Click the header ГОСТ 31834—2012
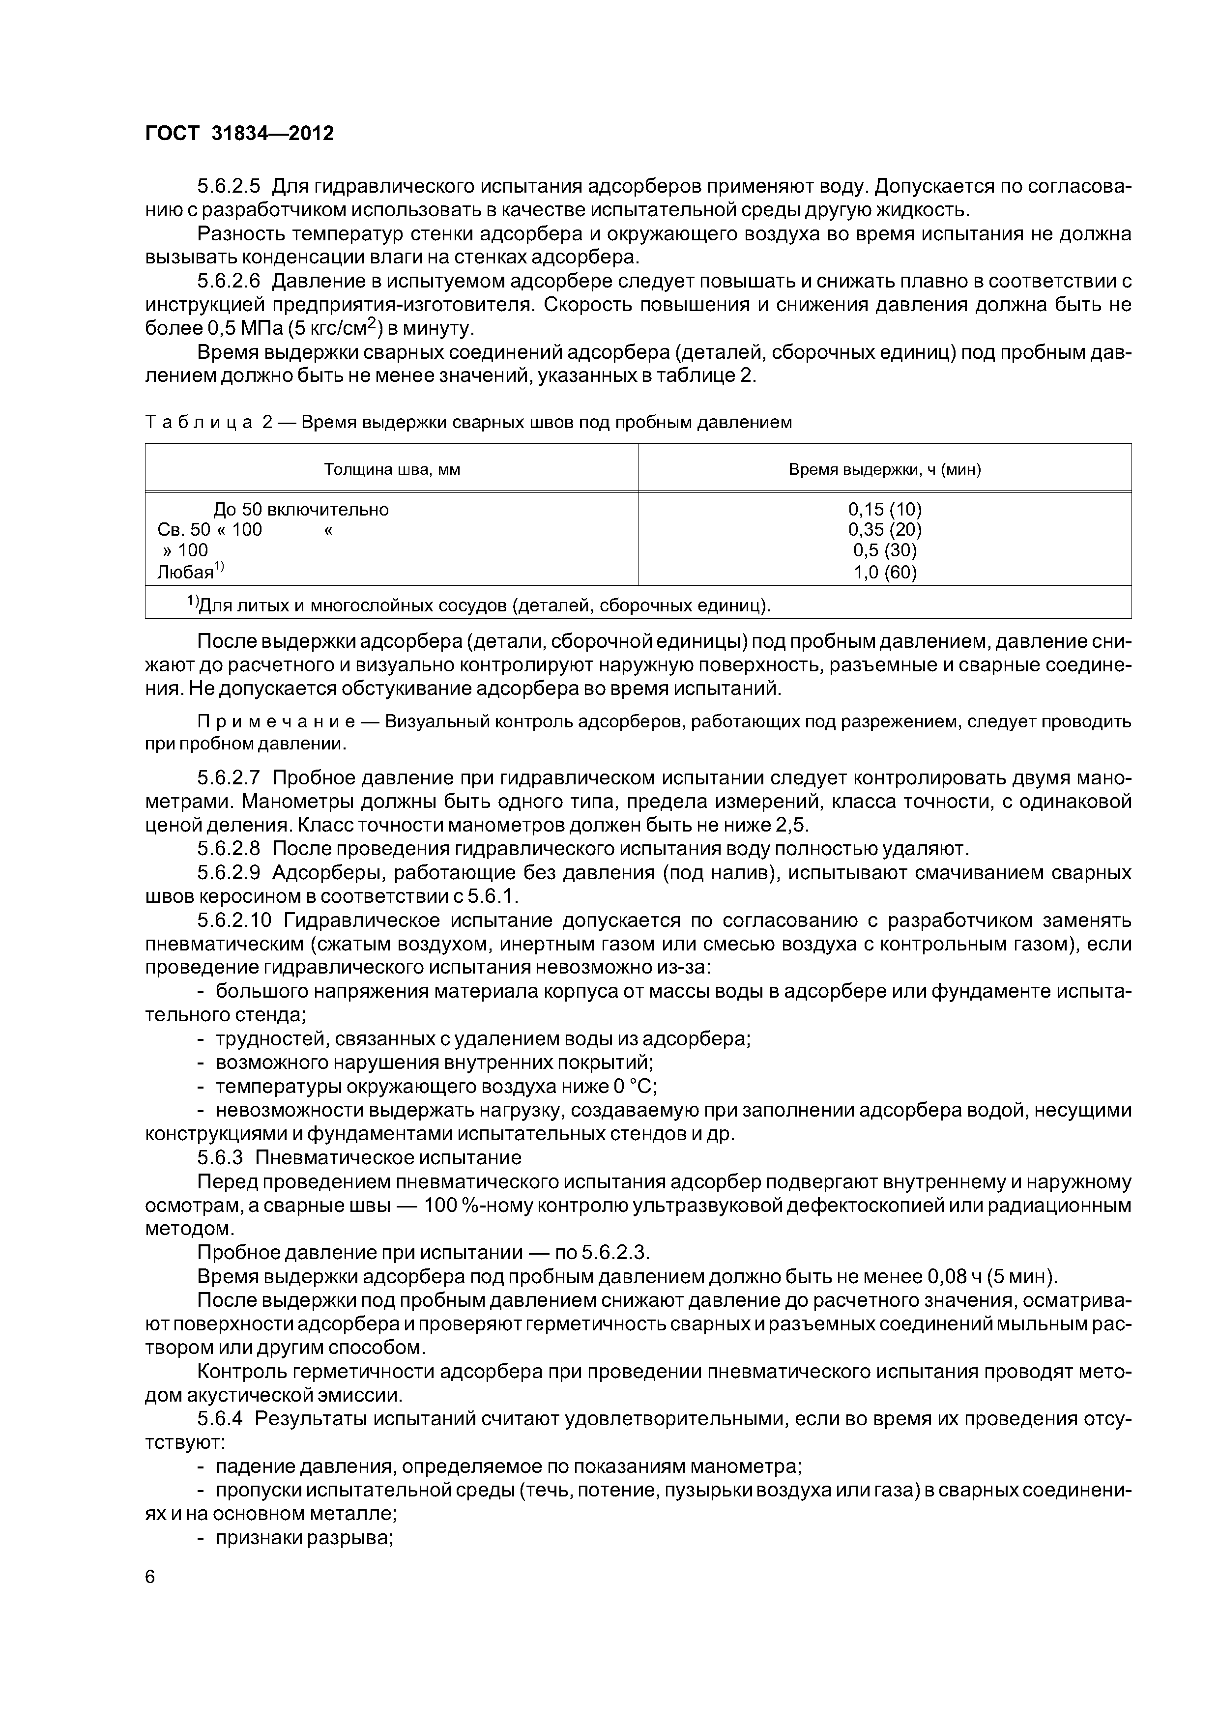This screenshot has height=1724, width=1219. tap(239, 134)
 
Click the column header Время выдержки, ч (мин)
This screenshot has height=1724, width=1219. tap(885, 469)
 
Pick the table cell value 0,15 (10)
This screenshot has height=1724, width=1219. tap(885, 509)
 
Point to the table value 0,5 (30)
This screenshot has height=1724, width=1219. tap(885, 550)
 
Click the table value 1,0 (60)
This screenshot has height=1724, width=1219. tap(885, 572)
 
